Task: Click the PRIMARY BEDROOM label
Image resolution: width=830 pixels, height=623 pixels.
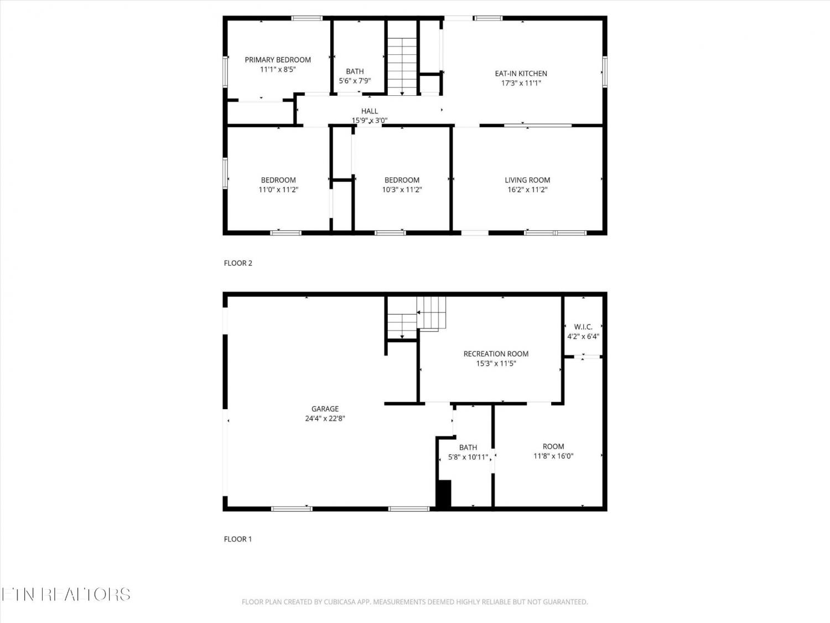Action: (x=278, y=60)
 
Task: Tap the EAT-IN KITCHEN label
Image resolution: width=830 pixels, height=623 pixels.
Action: (x=521, y=74)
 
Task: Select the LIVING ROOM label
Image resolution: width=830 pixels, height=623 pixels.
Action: (x=527, y=180)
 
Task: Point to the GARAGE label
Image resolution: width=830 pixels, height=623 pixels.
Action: (x=325, y=409)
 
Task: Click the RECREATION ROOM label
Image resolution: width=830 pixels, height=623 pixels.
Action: (x=496, y=354)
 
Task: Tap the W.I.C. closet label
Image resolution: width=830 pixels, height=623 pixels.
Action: (x=583, y=326)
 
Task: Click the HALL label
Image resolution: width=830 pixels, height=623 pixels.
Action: (x=370, y=111)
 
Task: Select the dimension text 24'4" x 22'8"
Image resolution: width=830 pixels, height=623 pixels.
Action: (x=325, y=418)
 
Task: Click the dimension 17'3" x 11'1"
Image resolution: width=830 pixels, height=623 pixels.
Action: (x=521, y=83)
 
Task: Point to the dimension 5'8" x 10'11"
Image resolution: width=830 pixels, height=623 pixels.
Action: (x=468, y=457)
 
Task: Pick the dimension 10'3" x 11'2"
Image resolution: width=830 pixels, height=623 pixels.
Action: (x=402, y=189)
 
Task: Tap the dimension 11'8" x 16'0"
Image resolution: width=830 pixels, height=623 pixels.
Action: (x=553, y=456)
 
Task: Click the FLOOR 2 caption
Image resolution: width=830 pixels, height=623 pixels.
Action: (x=238, y=263)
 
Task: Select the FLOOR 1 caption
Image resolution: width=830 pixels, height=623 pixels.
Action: (x=238, y=539)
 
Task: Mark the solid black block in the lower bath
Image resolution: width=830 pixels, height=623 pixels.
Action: (x=444, y=493)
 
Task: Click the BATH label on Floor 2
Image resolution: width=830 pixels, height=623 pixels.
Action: (x=355, y=71)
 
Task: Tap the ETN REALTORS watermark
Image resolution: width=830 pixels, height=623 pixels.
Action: (x=66, y=594)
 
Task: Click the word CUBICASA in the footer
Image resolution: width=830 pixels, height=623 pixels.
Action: (x=340, y=602)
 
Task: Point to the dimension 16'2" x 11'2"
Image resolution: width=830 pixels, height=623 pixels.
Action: (x=527, y=189)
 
